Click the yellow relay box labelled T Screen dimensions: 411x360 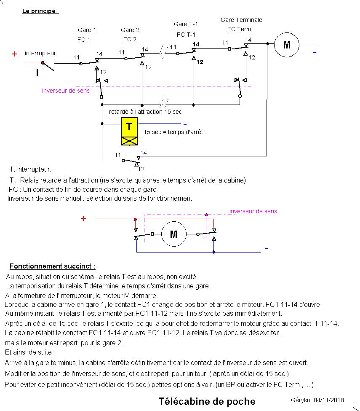pos(129,126)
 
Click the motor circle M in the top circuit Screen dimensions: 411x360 pos(287,44)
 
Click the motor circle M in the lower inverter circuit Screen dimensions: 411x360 pos(173,234)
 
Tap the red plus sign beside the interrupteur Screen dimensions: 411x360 pos(15,54)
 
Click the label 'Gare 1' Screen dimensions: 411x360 pos(87,30)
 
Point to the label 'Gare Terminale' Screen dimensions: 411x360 pos(241,20)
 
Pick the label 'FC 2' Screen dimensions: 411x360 pos(130,39)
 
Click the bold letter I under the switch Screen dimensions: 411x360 pos(37,73)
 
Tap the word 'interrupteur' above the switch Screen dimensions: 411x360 pos(40,53)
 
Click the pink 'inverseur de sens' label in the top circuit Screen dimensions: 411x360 pos(66,90)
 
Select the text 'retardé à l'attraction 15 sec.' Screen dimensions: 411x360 pos(146,112)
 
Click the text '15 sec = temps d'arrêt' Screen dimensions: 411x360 pos(173,132)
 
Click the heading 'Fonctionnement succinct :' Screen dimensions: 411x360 pos(52,266)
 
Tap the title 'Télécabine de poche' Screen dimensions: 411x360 pos(207,401)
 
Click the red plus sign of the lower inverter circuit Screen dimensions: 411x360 pos(83,218)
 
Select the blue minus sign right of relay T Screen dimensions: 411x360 pos(184,124)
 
